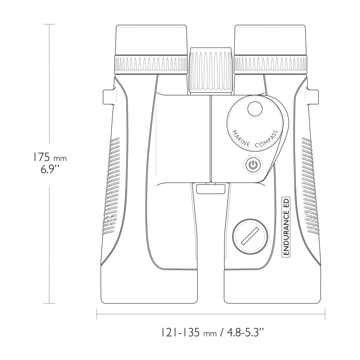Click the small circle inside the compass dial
(x=255, y=109)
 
